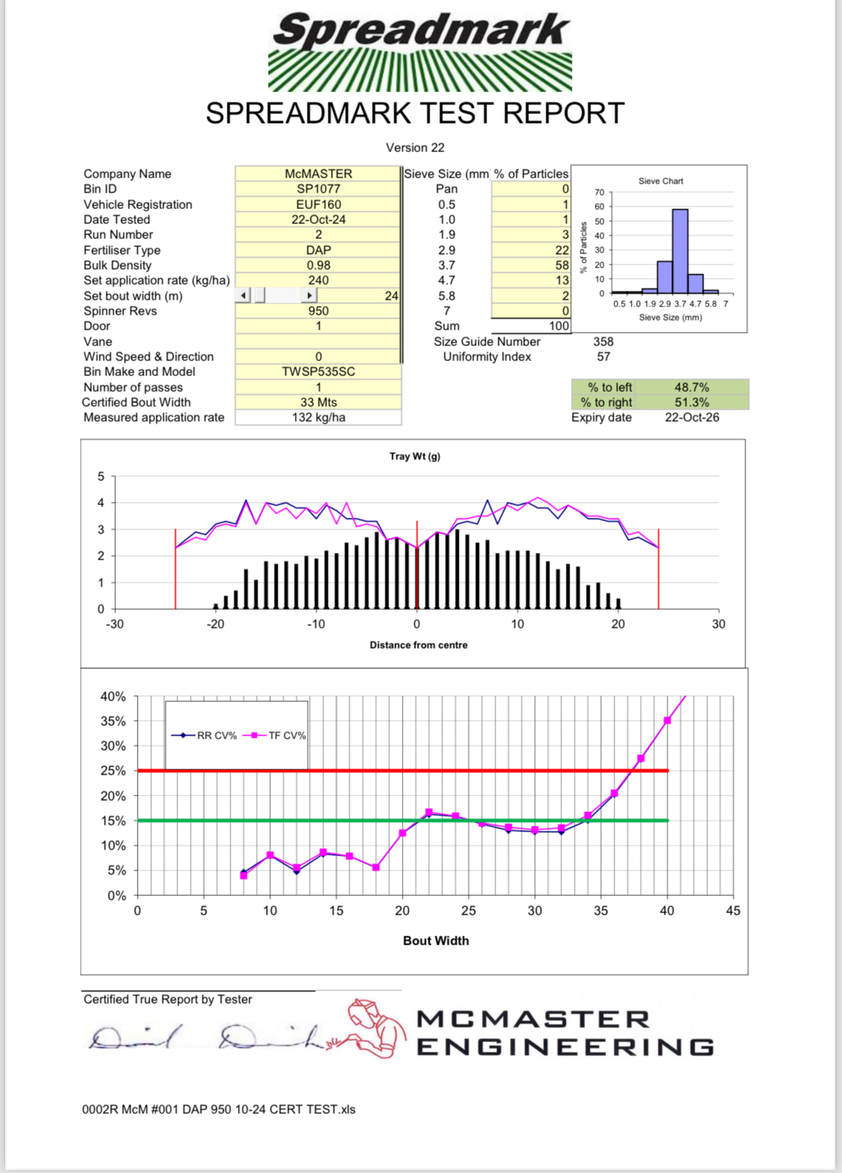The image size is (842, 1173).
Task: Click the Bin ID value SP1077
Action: [318, 189]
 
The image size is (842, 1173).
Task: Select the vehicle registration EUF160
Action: [318, 204]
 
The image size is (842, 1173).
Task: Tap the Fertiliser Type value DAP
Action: [318, 250]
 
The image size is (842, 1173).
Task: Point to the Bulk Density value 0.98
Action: [318, 265]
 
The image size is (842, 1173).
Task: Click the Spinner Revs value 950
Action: [318, 311]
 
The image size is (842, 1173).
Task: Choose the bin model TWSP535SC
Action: [318, 372]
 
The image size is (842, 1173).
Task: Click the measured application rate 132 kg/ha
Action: [318, 417]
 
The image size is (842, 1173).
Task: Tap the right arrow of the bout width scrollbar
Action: [309, 296]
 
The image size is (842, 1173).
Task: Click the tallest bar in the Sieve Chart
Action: [680, 251]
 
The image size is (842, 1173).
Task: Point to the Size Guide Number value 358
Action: [603, 342]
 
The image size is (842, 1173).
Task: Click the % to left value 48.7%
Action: [692, 387]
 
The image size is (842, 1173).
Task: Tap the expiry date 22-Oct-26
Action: [692, 417]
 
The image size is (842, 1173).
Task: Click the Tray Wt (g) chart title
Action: [415, 456]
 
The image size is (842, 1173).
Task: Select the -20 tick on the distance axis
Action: [215, 624]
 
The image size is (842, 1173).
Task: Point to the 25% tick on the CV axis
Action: [113, 771]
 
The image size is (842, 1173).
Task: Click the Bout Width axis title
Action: [436, 941]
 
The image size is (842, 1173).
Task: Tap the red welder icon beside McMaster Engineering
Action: [374, 1028]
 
